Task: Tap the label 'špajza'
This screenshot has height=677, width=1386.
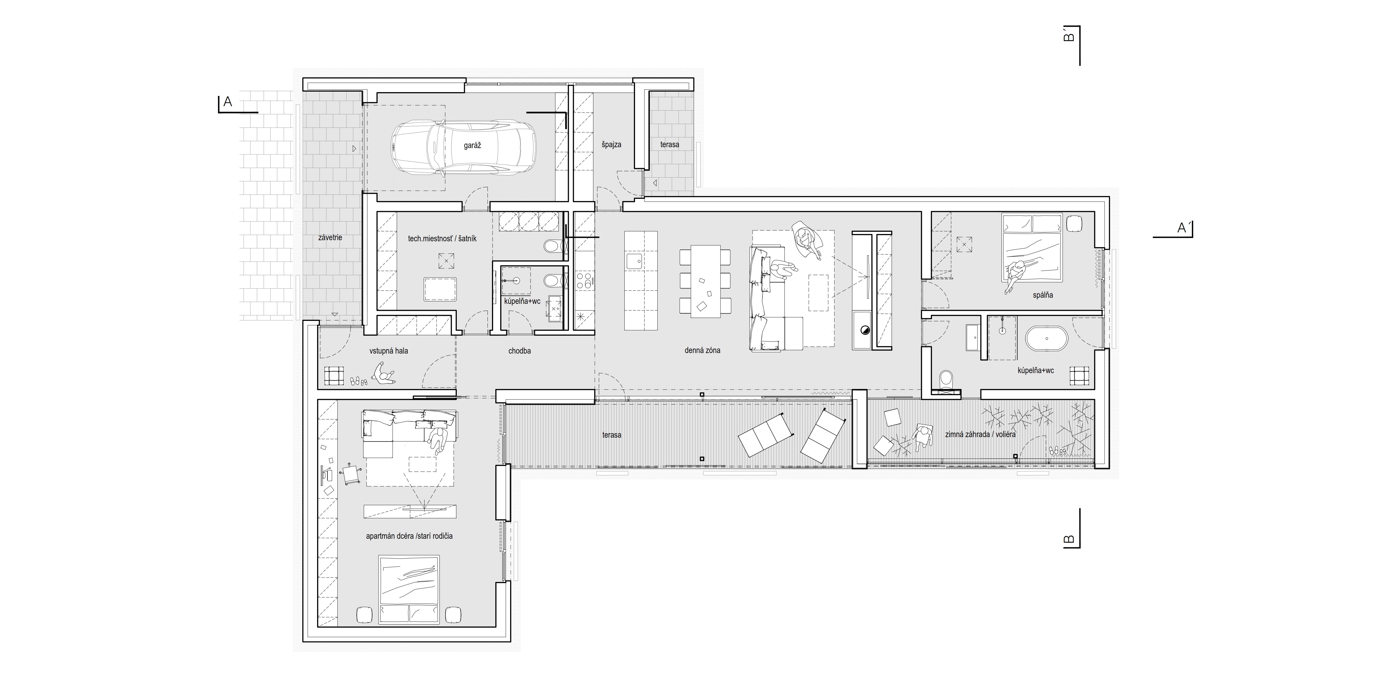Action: (612, 145)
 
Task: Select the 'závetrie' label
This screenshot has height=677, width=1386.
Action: (330, 237)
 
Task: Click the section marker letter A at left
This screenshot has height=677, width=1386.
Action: (228, 102)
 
